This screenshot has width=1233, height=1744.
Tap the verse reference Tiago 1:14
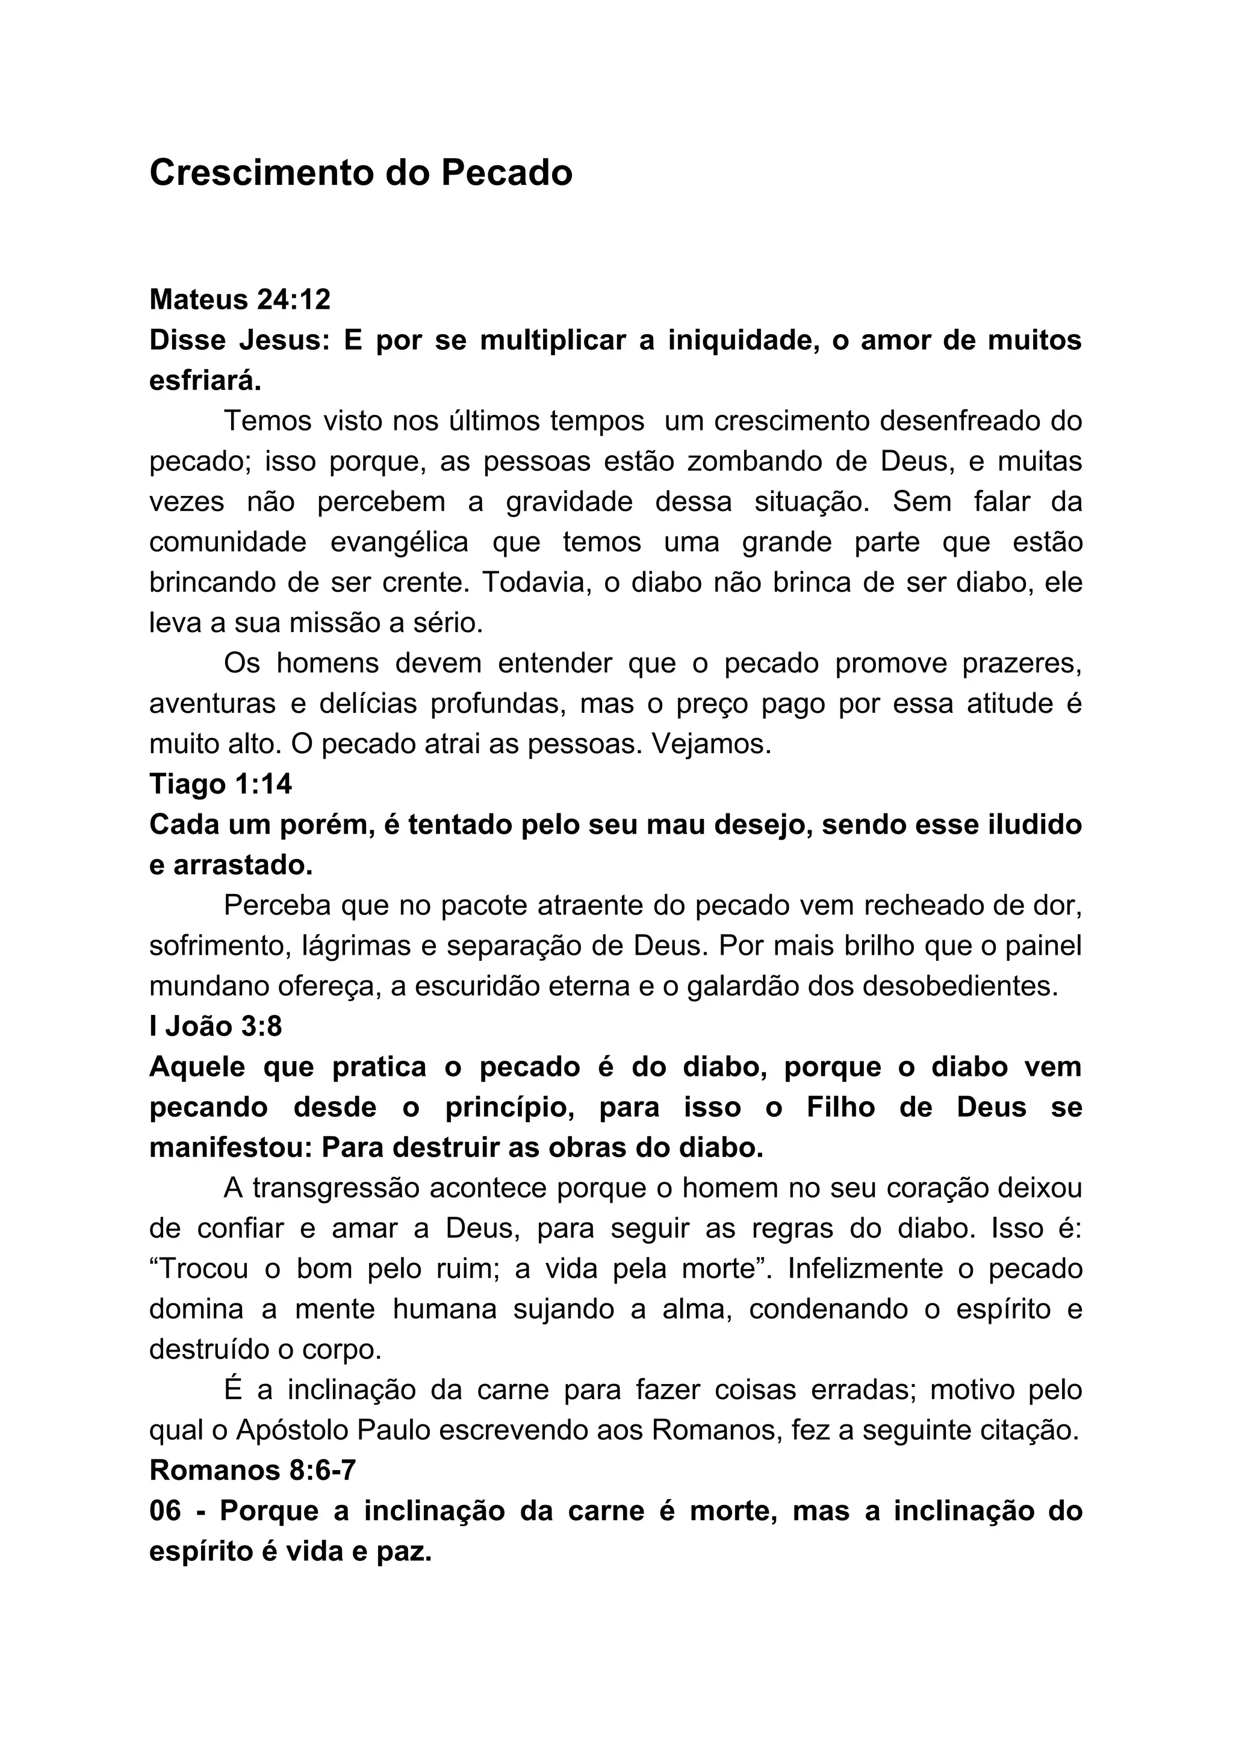click(220, 784)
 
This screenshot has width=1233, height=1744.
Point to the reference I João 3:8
click(216, 1026)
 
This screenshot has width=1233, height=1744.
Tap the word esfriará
click(205, 380)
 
